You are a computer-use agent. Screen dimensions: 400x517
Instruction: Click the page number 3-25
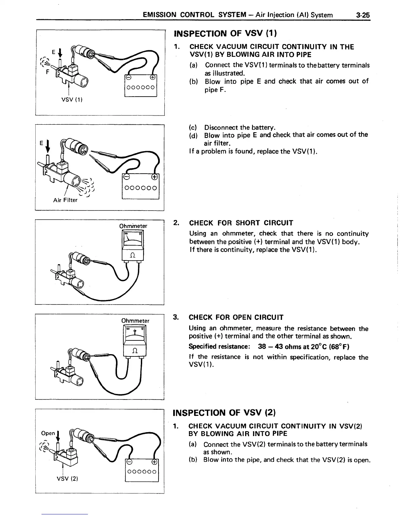coord(363,15)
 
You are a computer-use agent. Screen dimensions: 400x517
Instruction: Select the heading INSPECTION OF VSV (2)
coord(226,413)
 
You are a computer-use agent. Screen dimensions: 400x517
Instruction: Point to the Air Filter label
coord(65,200)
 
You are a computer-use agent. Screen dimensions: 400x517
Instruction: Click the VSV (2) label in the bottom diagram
coord(67,479)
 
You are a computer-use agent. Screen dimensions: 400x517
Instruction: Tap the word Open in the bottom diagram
coord(48,433)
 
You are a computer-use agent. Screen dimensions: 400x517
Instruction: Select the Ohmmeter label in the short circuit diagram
coord(133,226)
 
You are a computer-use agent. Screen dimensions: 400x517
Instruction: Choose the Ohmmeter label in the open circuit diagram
coord(135,321)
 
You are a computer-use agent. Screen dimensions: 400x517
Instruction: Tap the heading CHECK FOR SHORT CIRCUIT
coord(241,223)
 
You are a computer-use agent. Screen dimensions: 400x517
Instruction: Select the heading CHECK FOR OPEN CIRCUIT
coord(236,317)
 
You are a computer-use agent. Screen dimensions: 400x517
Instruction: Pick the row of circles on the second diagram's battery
coord(141,188)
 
